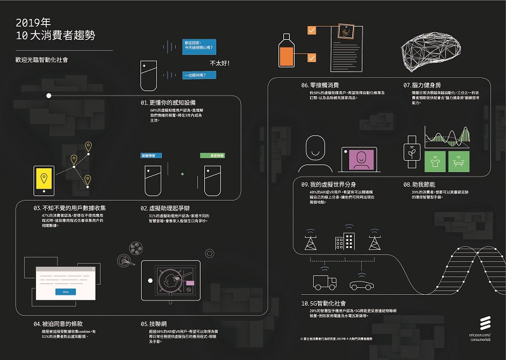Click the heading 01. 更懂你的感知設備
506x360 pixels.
click(x=168, y=102)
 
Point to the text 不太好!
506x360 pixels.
click(x=219, y=63)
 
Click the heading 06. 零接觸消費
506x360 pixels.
click(x=321, y=85)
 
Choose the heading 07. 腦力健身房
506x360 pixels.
click(x=423, y=85)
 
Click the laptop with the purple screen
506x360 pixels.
click(x=358, y=160)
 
